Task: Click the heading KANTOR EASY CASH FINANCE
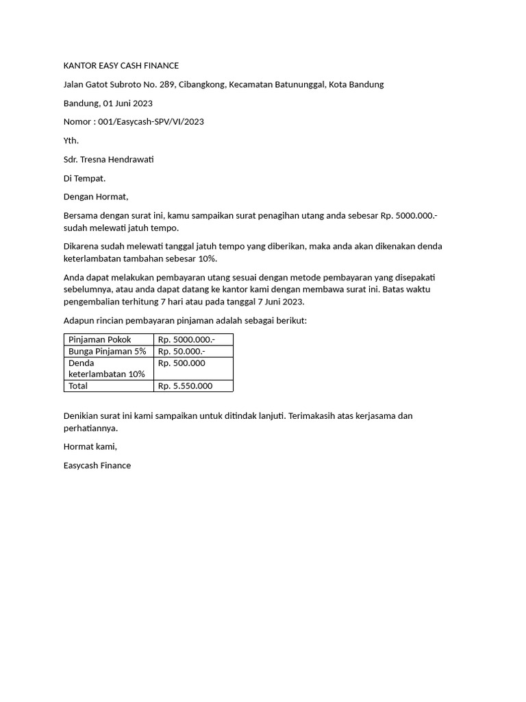coord(121,66)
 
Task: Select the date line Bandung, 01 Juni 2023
coord(108,104)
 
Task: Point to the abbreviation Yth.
coord(71,141)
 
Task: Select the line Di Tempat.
coord(84,178)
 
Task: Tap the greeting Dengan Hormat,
coord(95,197)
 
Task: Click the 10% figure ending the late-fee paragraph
coord(206,258)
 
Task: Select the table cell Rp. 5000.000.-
coord(186,339)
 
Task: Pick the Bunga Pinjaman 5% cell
coord(107,351)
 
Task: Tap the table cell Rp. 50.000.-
coord(181,351)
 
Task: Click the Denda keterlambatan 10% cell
coord(106,368)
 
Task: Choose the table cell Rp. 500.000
coord(181,363)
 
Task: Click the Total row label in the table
coord(78,386)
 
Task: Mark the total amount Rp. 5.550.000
coord(185,386)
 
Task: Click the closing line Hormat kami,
coord(90,447)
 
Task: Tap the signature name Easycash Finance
coord(97,465)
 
